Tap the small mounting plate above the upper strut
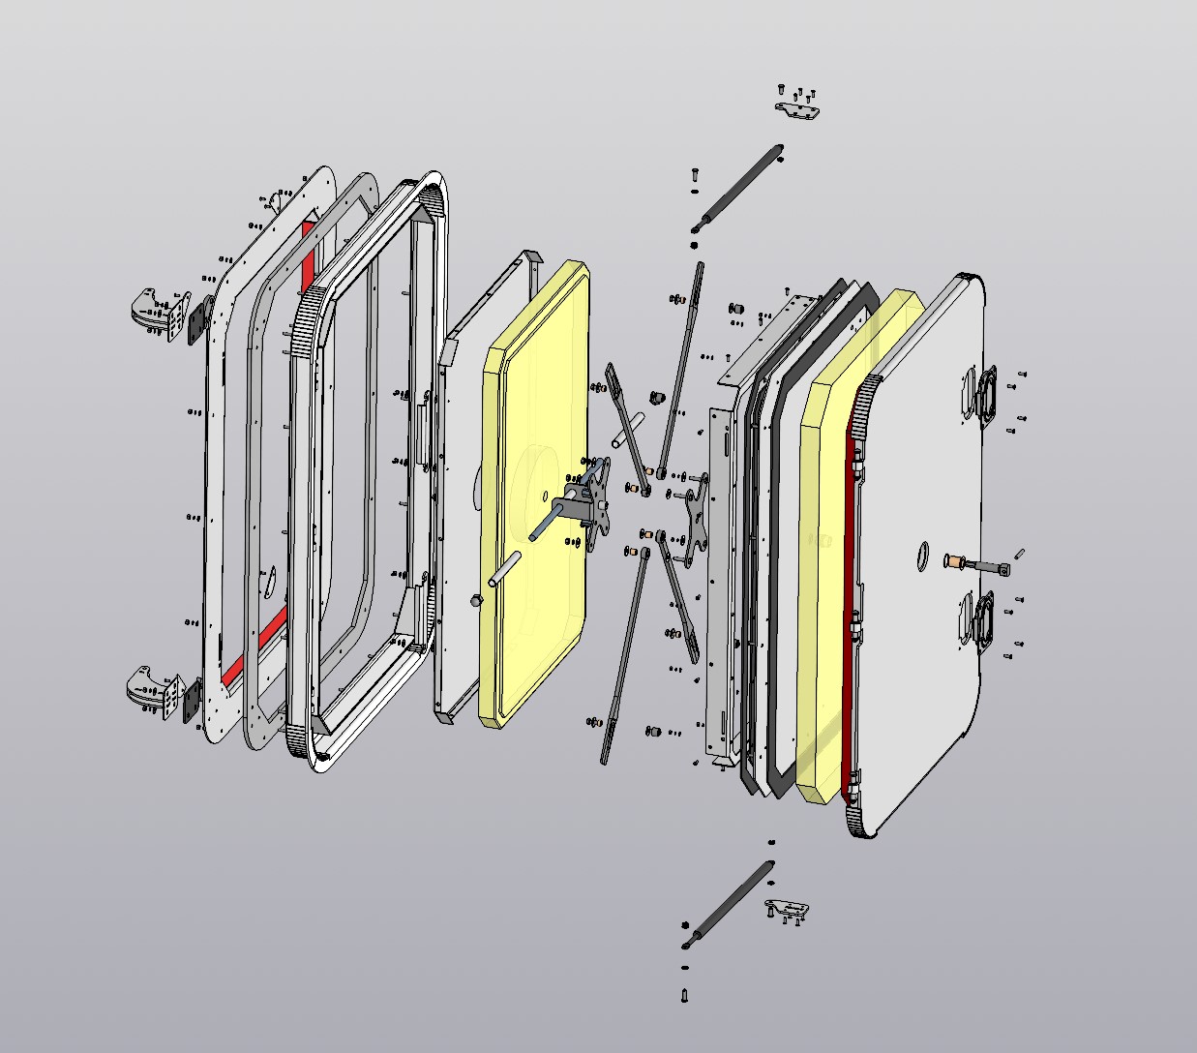tap(799, 110)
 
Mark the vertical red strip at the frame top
tap(309, 254)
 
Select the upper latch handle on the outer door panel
tap(986, 398)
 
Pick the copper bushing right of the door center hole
tap(952, 561)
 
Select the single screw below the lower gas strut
tap(685, 993)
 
